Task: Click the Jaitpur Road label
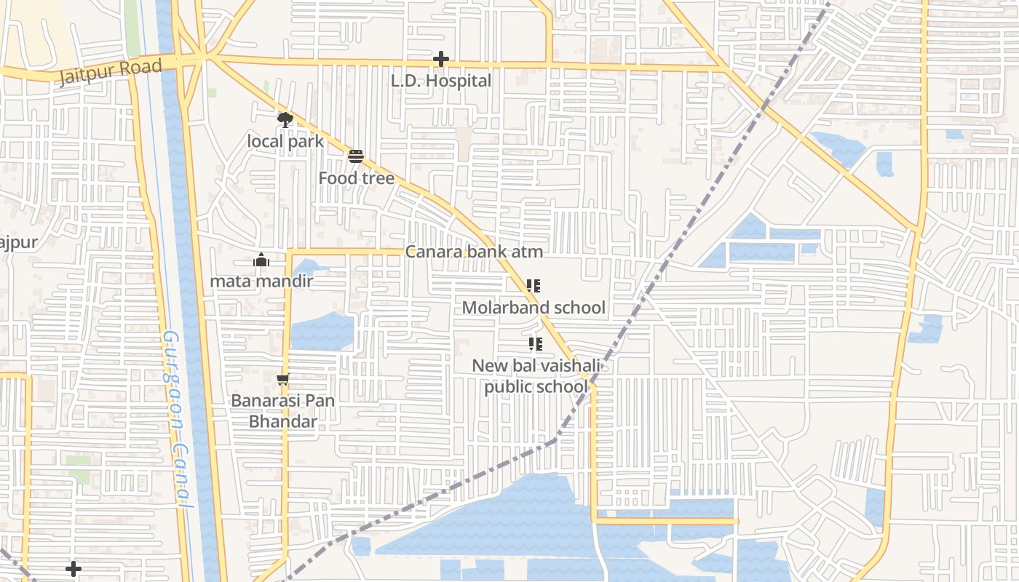(x=110, y=72)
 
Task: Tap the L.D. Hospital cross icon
(x=440, y=59)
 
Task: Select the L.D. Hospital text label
(x=441, y=81)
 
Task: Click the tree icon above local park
(x=285, y=119)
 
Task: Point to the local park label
(x=285, y=140)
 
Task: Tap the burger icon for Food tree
(x=356, y=156)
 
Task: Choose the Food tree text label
(x=356, y=178)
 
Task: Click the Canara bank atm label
(x=474, y=252)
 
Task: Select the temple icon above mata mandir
(x=261, y=260)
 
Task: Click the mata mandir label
(x=261, y=281)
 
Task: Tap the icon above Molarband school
(x=534, y=286)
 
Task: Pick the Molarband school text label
(x=534, y=308)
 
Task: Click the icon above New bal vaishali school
(x=536, y=344)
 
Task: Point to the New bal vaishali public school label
(x=536, y=376)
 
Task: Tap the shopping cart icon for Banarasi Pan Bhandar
(x=283, y=379)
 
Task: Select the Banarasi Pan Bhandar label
(x=274, y=411)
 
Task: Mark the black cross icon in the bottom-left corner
(x=74, y=568)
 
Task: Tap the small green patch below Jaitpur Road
(x=212, y=93)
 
